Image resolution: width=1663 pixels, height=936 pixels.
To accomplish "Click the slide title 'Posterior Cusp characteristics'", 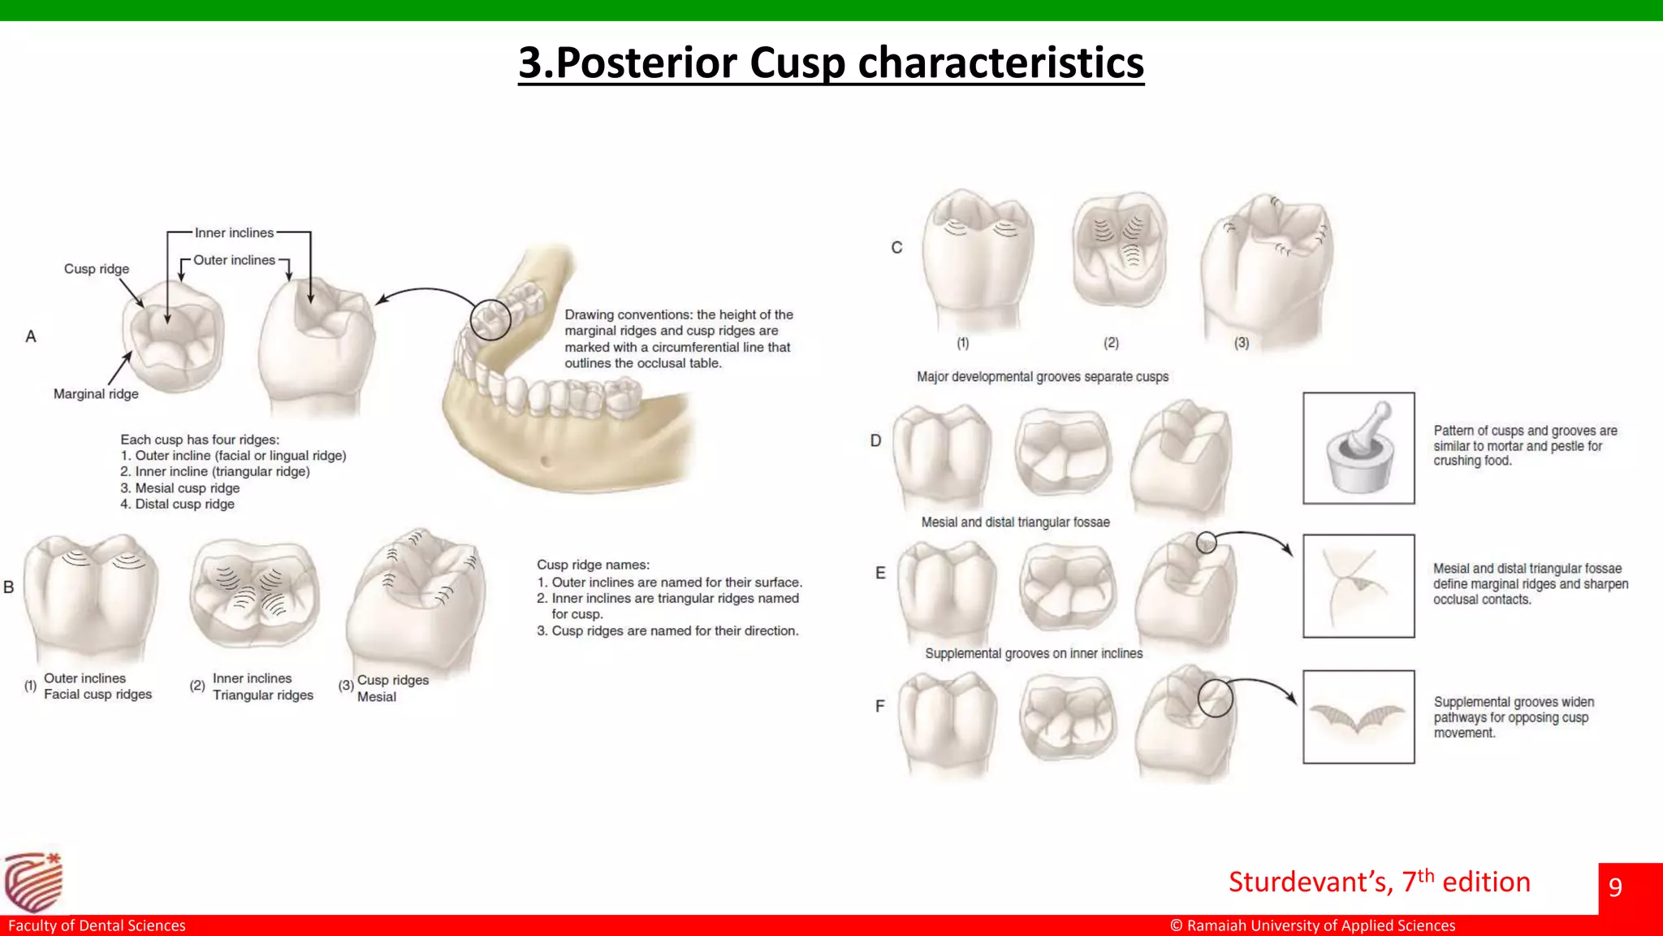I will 831,63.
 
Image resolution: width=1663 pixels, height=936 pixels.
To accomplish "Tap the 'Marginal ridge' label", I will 96,394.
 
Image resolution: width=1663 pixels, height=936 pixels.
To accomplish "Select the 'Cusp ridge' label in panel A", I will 97,269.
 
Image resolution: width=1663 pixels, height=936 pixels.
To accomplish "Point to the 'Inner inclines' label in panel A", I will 234,233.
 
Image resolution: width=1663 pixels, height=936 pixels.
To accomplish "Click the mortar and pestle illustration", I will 1358,448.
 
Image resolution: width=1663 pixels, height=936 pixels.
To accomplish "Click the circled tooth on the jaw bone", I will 490,319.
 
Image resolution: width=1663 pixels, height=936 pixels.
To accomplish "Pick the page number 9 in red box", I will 1615,886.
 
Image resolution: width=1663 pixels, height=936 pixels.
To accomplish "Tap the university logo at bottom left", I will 33,882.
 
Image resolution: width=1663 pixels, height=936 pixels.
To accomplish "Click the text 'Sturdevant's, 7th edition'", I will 1379,882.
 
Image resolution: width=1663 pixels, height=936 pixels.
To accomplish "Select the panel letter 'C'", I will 896,248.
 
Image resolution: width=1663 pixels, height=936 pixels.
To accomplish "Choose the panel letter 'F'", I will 879,707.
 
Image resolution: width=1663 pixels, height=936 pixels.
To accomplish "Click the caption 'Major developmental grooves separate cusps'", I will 1043,377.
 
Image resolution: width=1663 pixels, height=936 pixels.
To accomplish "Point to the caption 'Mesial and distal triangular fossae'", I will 1015,522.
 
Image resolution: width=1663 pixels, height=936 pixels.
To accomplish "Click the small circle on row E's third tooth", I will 1207,543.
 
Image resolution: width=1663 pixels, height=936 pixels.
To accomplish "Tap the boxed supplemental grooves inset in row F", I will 1358,717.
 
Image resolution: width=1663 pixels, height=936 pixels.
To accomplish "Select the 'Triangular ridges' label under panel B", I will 262,695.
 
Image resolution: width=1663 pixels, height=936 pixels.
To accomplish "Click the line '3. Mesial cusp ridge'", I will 180,488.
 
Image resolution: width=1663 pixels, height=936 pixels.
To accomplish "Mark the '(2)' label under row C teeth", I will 1111,343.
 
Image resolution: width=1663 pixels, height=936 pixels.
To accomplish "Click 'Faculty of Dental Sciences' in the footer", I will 97,925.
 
